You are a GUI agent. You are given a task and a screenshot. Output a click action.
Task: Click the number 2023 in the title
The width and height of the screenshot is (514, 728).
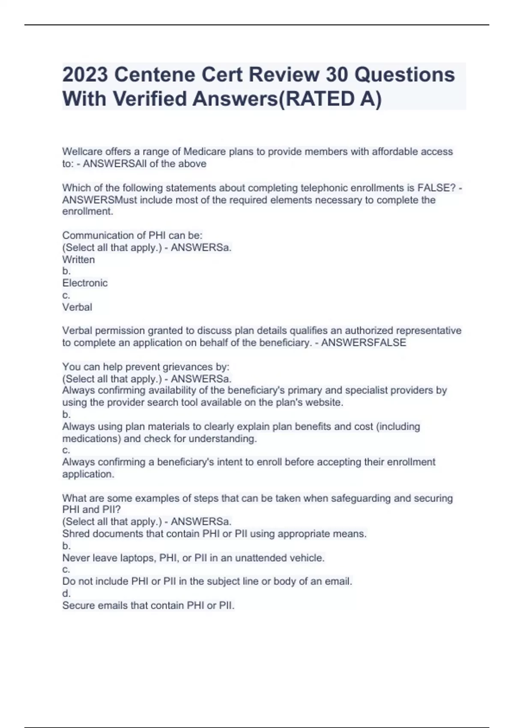click(x=85, y=75)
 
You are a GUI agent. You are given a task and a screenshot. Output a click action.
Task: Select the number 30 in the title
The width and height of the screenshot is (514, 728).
click(x=337, y=75)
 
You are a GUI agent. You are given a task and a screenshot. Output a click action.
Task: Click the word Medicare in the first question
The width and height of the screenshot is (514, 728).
click(x=203, y=152)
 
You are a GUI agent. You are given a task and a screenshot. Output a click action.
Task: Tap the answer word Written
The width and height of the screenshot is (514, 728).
click(x=78, y=260)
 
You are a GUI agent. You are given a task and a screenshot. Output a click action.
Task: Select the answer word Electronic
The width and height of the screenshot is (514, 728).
click(x=85, y=283)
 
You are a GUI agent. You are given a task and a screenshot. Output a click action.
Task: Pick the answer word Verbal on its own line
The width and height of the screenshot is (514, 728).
click(x=77, y=307)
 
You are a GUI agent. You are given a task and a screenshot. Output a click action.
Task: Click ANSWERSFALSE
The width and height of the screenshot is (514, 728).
click(x=364, y=343)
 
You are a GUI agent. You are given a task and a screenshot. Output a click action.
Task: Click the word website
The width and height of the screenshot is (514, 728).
click(x=324, y=403)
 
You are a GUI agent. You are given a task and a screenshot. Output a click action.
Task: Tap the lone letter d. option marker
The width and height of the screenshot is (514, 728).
click(x=66, y=594)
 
